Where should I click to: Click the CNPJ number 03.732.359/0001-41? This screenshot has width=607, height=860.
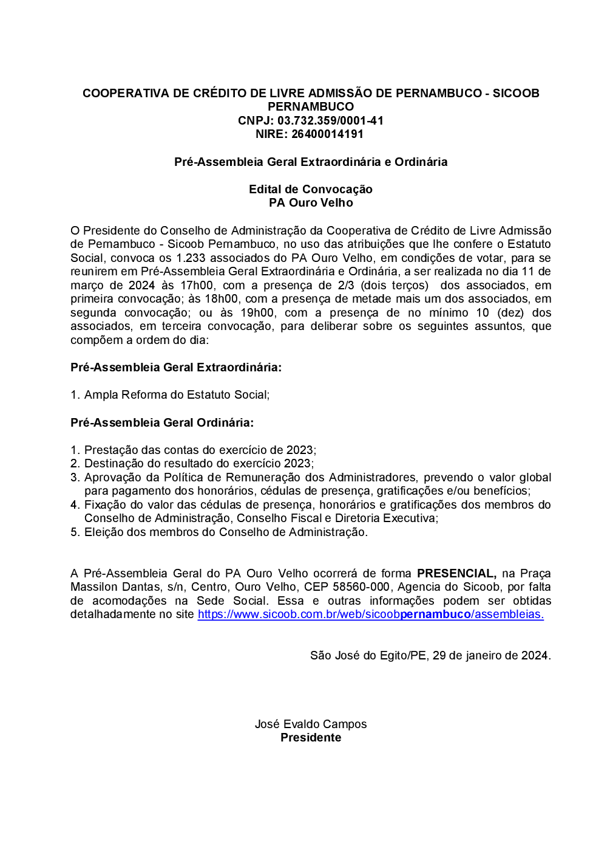coord(330,120)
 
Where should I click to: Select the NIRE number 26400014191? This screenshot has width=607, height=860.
coord(327,134)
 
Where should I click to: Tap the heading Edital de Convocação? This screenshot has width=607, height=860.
coord(310,189)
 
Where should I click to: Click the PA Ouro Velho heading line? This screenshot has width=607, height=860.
coord(311,202)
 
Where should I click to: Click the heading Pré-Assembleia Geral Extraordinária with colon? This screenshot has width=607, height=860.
coord(176,367)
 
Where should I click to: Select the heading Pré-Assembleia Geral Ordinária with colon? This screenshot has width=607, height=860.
coord(162,422)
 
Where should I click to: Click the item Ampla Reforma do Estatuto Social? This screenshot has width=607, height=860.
coord(177,394)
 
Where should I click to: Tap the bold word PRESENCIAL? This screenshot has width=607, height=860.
coord(456,573)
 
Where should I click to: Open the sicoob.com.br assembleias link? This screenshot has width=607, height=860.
coord(370,614)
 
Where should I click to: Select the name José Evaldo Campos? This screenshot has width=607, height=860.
coord(311,724)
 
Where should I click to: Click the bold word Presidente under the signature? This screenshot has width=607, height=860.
coord(311,737)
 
